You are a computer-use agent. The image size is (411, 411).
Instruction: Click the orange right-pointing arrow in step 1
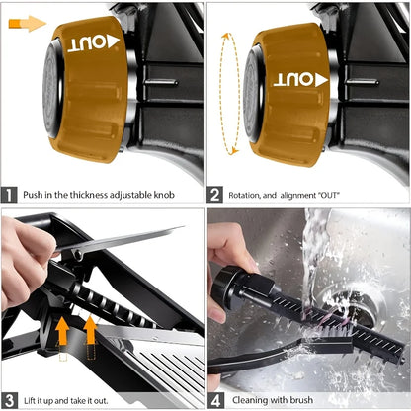[x=31, y=23]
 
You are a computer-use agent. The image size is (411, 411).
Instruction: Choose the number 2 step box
[x=216, y=195]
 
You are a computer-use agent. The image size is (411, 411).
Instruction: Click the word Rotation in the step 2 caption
[x=247, y=195]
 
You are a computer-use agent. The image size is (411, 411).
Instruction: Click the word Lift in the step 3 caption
[x=31, y=399]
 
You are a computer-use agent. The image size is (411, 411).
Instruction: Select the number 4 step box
[x=216, y=399]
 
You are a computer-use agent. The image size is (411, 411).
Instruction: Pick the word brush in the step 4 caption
[x=310, y=399]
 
